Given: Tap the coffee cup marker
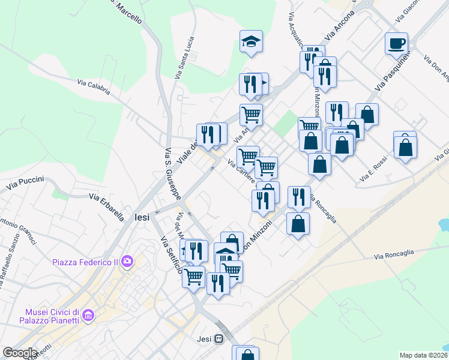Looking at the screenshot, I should click(396, 43).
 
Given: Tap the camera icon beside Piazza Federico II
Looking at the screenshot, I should click(127, 261).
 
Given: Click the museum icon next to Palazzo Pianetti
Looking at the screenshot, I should click(88, 315).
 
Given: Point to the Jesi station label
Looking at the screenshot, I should click(204, 339).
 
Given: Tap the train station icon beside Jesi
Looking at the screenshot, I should click(220, 339).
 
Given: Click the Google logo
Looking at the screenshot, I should click(20, 353).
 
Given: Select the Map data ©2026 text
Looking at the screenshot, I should click(423, 355).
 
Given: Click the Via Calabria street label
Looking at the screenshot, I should click(94, 88).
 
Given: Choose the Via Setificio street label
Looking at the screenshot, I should click(170, 254).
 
